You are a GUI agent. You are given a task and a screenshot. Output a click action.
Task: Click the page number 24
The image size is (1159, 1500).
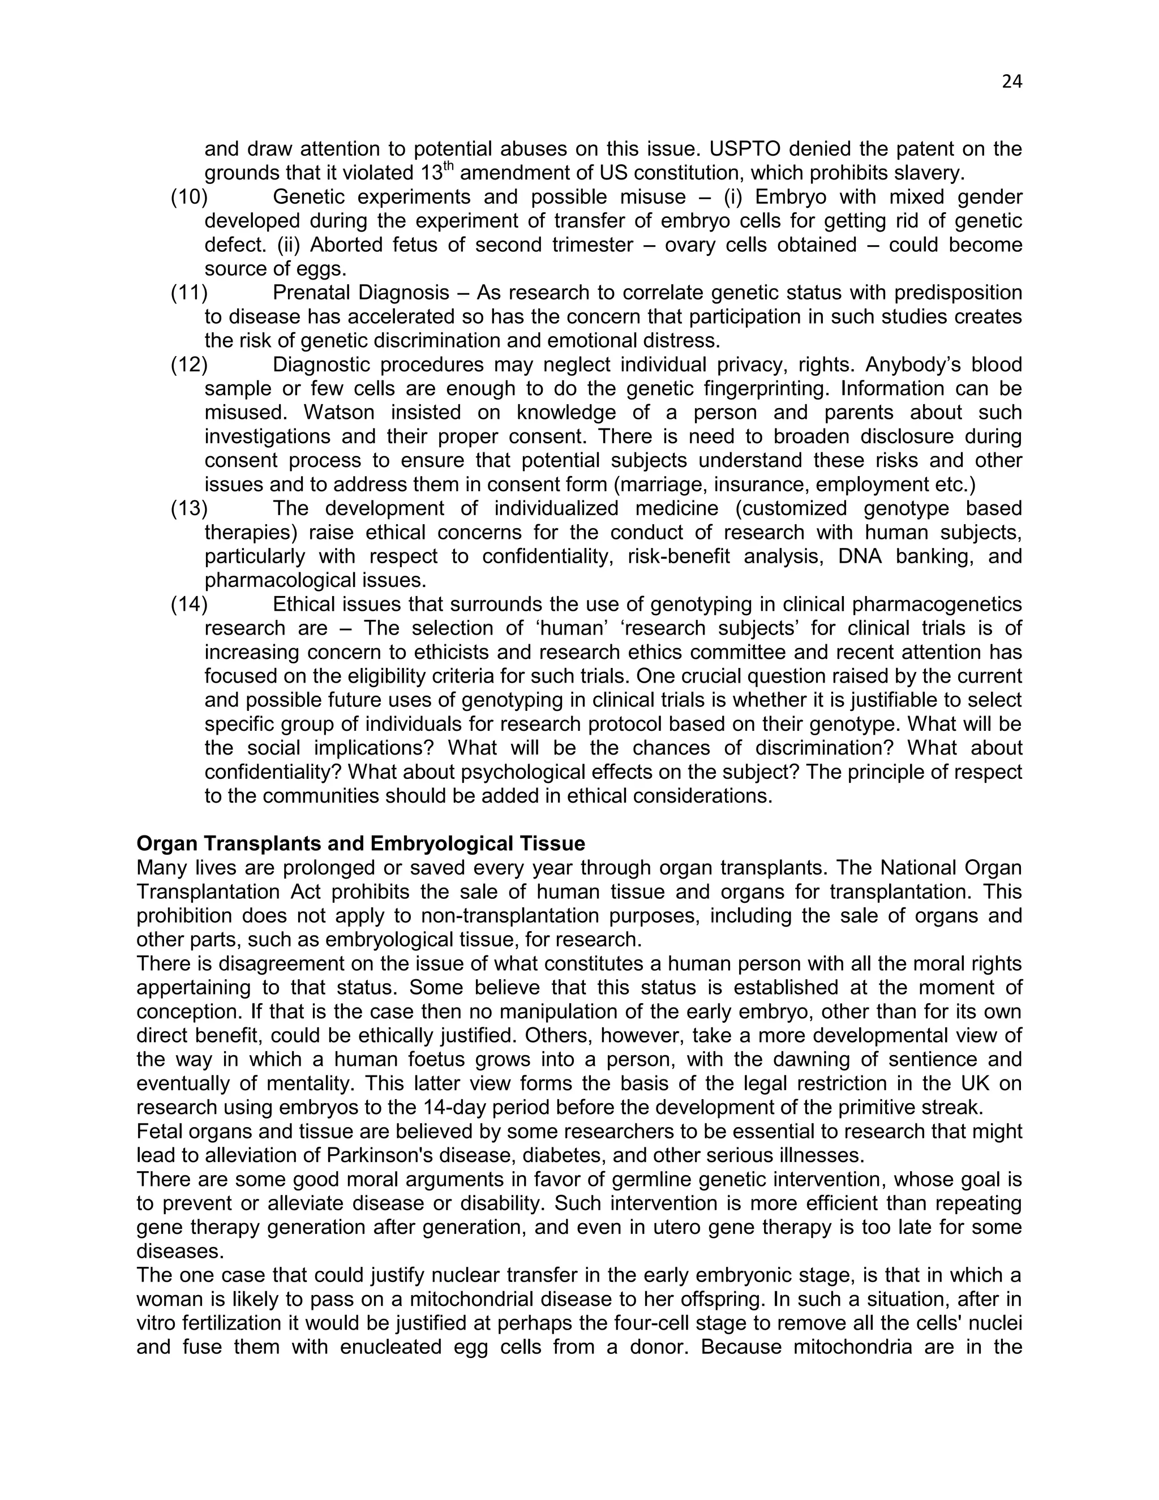tap(1011, 82)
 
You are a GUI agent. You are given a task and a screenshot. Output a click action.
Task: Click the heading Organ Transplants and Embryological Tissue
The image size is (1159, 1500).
tap(360, 843)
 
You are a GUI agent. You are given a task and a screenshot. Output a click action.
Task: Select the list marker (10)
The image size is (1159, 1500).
tap(189, 197)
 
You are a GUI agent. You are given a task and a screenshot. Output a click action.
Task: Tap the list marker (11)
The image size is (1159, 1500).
tap(189, 293)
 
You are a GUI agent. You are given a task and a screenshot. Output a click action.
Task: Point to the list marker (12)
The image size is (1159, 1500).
tap(189, 365)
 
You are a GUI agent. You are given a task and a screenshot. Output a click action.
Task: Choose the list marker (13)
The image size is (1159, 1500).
tap(189, 508)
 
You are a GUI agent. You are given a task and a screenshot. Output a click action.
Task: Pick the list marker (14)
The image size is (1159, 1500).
tap(189, 605)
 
